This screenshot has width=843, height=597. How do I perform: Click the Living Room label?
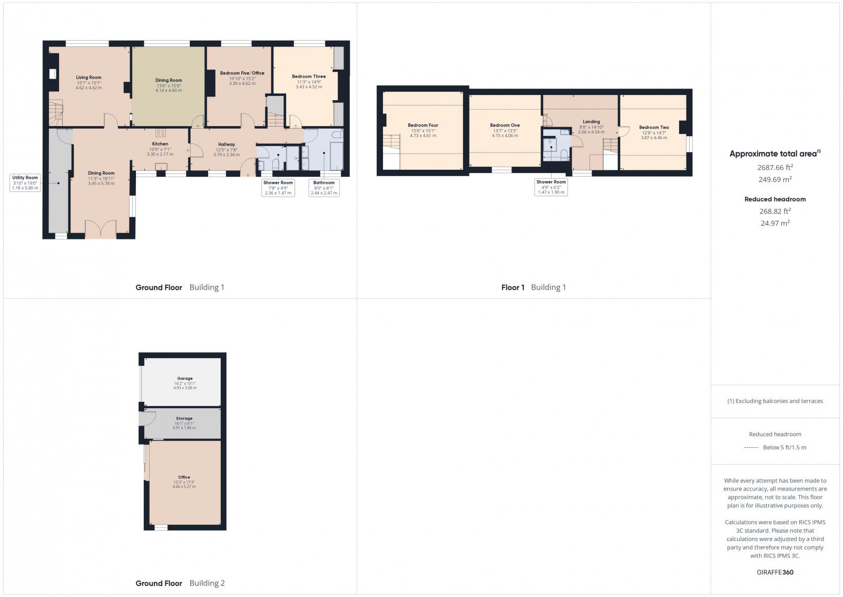[89, 78]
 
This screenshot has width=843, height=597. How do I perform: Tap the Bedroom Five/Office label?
[242, 73]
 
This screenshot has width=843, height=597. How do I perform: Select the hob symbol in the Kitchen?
[160, 133]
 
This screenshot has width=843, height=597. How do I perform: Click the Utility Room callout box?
[25, 182]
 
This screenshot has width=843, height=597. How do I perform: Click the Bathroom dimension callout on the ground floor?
[324, 188]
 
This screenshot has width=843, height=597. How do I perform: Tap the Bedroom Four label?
[423, 126]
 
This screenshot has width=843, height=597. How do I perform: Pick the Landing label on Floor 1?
[591, 122]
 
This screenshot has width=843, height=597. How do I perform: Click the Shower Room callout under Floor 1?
[551, 187]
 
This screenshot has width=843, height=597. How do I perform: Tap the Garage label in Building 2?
[185, 378]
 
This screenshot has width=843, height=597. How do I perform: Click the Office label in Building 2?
[184, 477]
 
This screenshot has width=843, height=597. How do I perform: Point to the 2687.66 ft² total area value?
[775, 168]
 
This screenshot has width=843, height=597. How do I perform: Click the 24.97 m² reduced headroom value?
[775, 223]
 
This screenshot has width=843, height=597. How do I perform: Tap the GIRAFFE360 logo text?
[775, 572]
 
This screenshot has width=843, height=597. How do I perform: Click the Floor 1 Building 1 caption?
[533, 287]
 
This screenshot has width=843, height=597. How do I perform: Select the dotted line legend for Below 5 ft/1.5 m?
[751, 447]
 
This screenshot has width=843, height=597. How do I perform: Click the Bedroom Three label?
[309, 76]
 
